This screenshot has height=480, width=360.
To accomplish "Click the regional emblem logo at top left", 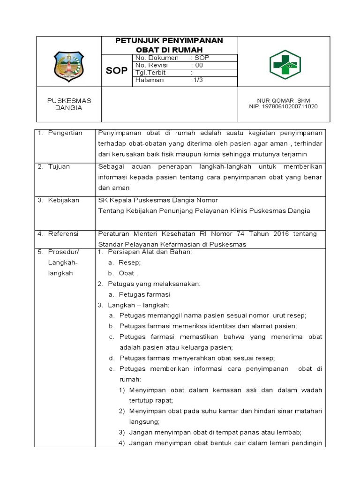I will [x=69, y=65].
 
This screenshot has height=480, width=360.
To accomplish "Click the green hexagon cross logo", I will [x=285, y=64].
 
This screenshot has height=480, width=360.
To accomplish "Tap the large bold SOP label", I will [x=116, y=70].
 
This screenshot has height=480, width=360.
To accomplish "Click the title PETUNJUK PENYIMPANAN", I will [x=169, y=41].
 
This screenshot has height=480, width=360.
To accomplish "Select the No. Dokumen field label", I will [x=157, y=58].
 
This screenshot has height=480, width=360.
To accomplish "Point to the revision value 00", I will [x=199, y=65].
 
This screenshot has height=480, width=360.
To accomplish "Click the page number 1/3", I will [x=197, y=80].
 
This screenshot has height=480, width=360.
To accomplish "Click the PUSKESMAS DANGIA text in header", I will [x=69, y=104].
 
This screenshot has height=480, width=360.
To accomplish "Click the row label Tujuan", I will [x=60, y=166].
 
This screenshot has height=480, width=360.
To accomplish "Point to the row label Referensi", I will [x=64, y=233].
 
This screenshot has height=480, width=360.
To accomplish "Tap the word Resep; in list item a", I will [x=130, y=262].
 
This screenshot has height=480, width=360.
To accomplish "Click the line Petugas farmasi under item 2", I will [x=144, y=294].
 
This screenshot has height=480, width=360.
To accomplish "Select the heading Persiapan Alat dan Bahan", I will [x=150, y=252].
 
